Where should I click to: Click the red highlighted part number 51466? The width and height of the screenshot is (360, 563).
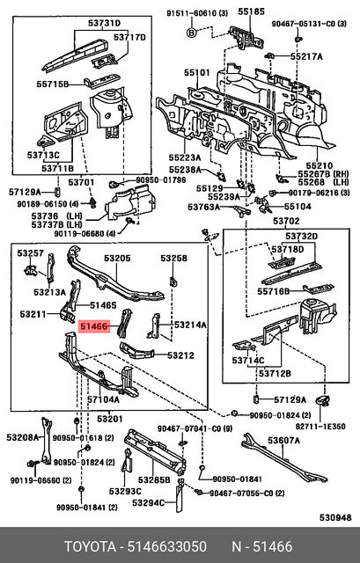(x=94, y=326)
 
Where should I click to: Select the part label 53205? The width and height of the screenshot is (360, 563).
(x=117, y=259)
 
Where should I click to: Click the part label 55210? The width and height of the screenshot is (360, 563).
(x=318, y=165)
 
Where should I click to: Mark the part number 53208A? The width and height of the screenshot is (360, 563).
(x=23, y=437)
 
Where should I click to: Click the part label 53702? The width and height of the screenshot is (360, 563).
(x=285, y=222)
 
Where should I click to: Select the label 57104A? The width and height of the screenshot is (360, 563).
(x=103, y=399)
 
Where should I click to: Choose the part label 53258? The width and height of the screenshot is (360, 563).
(x=173, y=259)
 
